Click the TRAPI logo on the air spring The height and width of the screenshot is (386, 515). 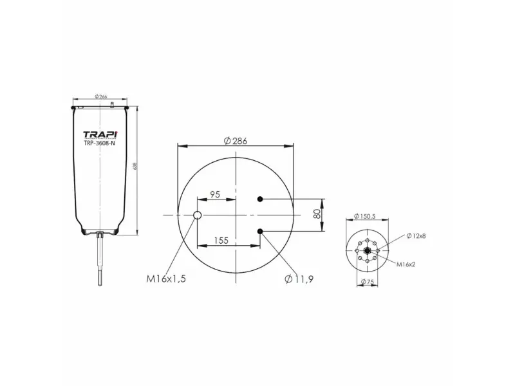99,134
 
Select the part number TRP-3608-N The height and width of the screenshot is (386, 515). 99,143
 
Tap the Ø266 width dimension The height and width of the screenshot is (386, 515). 100,97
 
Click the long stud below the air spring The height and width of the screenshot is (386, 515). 101,264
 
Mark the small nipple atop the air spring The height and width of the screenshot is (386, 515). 112,104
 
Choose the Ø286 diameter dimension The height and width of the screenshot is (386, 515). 236,141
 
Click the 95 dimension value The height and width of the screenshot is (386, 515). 215,194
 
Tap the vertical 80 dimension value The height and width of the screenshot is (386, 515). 317,215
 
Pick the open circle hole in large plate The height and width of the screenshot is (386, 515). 198,215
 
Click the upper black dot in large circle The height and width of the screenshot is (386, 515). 260,199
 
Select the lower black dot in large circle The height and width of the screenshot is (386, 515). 260,231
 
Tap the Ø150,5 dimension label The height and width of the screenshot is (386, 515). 365,217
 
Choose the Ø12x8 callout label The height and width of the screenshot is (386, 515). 416,236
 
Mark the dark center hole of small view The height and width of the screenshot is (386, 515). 366,252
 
